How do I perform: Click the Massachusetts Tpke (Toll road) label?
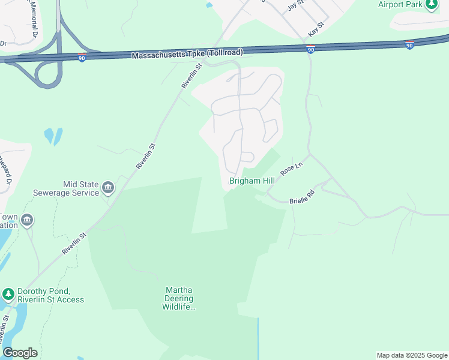pos(187,53)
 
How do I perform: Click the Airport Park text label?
pos(400,4)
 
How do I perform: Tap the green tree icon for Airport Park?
pos(432,5)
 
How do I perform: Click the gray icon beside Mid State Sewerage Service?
pos(108,188)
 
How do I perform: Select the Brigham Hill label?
pos(252,181)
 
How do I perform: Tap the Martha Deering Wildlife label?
pos(179,299)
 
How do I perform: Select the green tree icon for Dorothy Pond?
pos(8,294)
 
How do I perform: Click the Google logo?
pos(20,352)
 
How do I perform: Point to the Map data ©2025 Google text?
pos(411,355)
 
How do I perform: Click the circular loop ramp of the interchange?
pos(47,74)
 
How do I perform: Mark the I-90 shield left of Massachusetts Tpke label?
pos(82,57)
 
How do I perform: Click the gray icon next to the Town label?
pos(26,221)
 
